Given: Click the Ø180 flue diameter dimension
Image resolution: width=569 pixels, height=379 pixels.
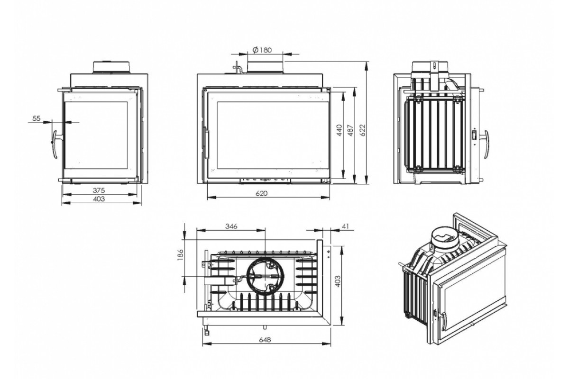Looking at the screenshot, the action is point(262,50).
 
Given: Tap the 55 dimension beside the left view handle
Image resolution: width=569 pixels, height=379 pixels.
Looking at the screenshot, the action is point(37,118).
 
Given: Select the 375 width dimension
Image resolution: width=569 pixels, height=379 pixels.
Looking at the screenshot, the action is point(99,190).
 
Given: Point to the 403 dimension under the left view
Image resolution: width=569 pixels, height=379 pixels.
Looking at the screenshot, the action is point(99,199).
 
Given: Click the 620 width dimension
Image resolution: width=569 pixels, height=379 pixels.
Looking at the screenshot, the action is point(262,193).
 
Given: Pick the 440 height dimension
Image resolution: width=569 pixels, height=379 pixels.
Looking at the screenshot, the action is point(340,130).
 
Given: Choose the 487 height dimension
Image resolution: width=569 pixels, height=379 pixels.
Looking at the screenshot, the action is point(350,130).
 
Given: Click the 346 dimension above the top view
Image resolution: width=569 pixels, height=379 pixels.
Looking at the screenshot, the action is point(231,226).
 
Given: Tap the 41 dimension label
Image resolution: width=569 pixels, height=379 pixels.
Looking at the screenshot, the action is point(346,226).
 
